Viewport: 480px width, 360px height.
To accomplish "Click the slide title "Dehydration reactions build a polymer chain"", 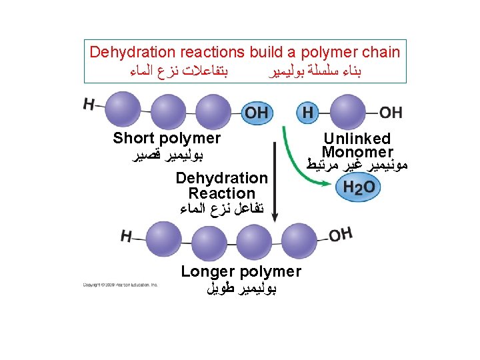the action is [245, 52].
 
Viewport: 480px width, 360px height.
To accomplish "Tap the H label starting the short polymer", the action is [89, 104].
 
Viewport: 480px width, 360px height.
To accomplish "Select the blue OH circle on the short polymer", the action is [257, 112].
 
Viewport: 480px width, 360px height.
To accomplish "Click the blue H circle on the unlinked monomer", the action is [307, 112].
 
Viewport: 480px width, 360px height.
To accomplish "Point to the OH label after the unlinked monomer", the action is [391, 112].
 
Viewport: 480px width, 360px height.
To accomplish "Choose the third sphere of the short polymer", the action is [212, 111].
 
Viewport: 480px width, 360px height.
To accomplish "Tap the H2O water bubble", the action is [359, 188].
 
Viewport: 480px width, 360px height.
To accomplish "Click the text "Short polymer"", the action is [167, 139].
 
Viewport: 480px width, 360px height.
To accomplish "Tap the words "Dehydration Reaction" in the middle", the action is [221, 186].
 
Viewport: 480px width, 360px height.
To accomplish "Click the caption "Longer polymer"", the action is [241, 271].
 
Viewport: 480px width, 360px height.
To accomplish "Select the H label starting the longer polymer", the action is [127, 235].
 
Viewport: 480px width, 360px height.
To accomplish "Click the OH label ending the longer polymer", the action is [339, 234].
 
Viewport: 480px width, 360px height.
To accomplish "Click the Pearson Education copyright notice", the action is [120, 285].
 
